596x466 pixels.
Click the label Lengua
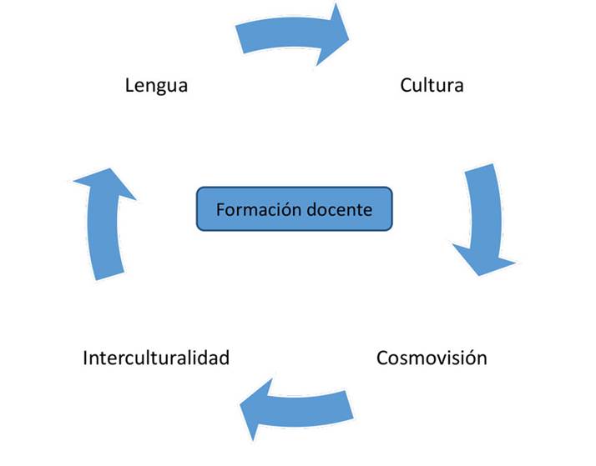point(156,85)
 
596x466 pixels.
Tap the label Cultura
point(432,85)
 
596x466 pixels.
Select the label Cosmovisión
point(432,358)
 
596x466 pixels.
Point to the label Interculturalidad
point(156,358)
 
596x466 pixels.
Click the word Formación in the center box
point(254,208)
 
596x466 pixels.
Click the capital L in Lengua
point(129,85)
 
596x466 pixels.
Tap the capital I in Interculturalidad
point(86,358)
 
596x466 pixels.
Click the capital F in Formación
point(220,208)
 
